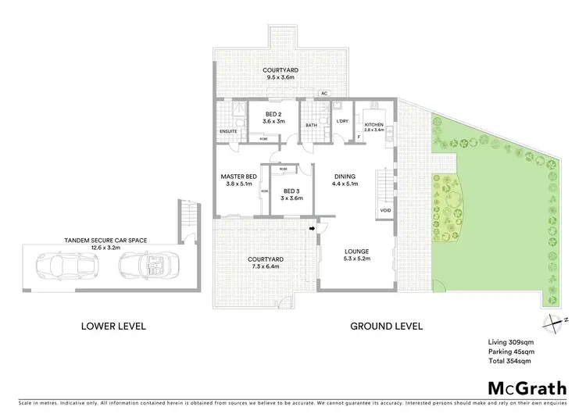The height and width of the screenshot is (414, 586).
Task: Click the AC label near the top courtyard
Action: [x=323, y=94]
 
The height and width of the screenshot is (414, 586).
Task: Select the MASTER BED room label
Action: [x=239, y=177]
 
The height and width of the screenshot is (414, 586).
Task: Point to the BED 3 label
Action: [x=291, y=192]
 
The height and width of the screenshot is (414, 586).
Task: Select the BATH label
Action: [x=311, y=124]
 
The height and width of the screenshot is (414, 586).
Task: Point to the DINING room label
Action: [x=345, y=177]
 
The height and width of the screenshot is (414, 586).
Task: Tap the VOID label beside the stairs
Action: [x=385, y=210]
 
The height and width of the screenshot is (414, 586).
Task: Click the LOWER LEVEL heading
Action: [x=113, y=326]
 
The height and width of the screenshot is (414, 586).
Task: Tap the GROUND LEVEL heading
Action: [x=386, y=326]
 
